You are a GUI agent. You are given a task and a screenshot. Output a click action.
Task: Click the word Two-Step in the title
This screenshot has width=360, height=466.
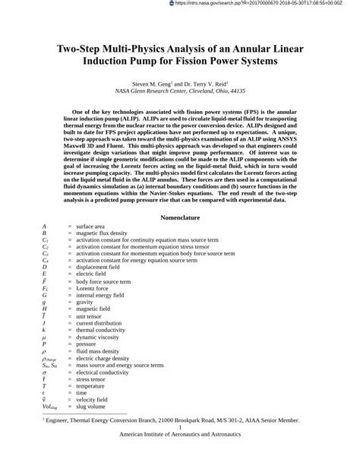(x=81, y=47)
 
